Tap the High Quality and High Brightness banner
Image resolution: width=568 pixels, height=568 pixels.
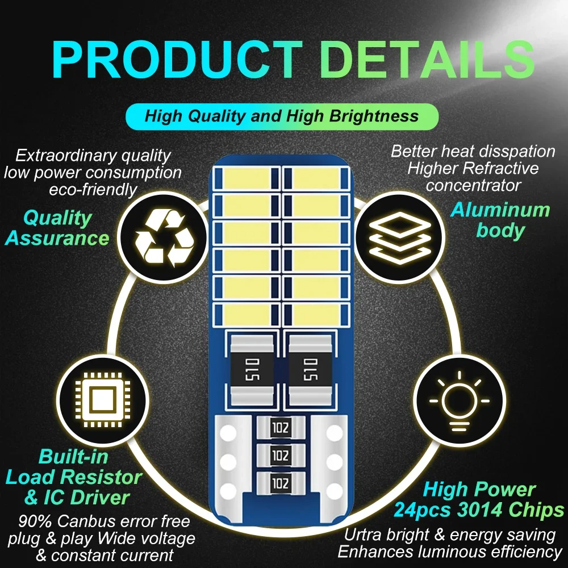click(282, 117)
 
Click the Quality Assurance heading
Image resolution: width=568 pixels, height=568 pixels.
click(57, 228)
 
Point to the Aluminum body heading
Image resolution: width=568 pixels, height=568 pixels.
click(500, 220)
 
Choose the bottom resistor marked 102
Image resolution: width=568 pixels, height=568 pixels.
click(279, 483)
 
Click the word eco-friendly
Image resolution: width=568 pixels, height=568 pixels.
click(93, 189)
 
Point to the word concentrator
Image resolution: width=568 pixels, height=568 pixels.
click(474, 185)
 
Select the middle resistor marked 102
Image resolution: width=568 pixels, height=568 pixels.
click(279, 456)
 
